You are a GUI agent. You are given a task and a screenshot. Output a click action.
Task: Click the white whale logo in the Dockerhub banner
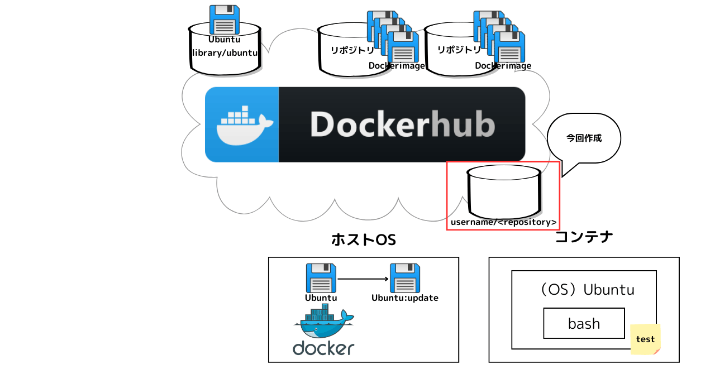pos(242,126)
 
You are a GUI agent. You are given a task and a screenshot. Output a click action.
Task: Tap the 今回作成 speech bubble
pos(584,138)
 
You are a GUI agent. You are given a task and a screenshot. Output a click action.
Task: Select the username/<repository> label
pos(503,222)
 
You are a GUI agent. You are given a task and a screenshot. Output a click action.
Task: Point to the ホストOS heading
pos(363,239)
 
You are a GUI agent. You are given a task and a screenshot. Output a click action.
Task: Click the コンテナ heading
pos(584,237)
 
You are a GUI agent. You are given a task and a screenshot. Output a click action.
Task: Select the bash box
pos(584,323)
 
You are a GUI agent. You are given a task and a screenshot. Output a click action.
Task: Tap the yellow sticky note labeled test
pos(645,339)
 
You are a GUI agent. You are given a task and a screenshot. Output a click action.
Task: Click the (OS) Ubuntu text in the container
pos(584,290)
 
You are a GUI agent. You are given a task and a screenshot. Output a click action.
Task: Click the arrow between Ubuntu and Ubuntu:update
pos(363,279)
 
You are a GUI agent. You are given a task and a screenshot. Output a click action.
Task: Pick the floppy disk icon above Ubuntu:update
pos(405,278)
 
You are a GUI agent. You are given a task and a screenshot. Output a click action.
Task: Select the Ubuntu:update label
pos(405,298)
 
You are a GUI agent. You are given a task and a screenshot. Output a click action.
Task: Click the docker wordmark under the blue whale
pos(323,348)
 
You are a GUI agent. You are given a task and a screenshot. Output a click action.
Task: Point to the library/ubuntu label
pos(225,53)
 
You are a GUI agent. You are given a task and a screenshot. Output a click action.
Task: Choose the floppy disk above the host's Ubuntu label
pos(321,278)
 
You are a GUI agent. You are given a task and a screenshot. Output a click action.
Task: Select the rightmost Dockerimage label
pos(503,66)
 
